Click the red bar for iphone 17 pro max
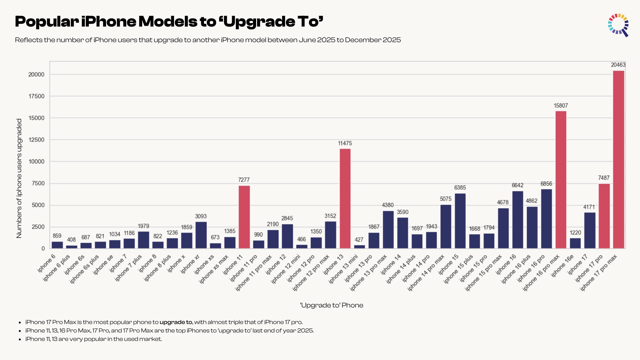(x=618, y=159)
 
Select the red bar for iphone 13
(x=345, y=198)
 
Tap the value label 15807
(x=561, y=106)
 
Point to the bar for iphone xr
(x=201, y=235)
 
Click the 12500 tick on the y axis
(x=36, y=140)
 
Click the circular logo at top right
(x=618, y=25)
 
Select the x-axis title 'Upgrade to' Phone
(x=331, y=305)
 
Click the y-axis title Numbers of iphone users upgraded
(x=19, y=178)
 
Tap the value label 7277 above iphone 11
(x=244, y=180)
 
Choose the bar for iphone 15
(x=460, y=221)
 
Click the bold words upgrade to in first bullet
(x=176, y=322)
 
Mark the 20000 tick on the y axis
(x=36, y=74)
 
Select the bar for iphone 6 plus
(x=72, y=247)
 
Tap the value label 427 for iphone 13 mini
(x=359, y=240)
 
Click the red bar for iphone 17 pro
(x=604, y=216)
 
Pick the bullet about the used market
(x=93, y=339)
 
